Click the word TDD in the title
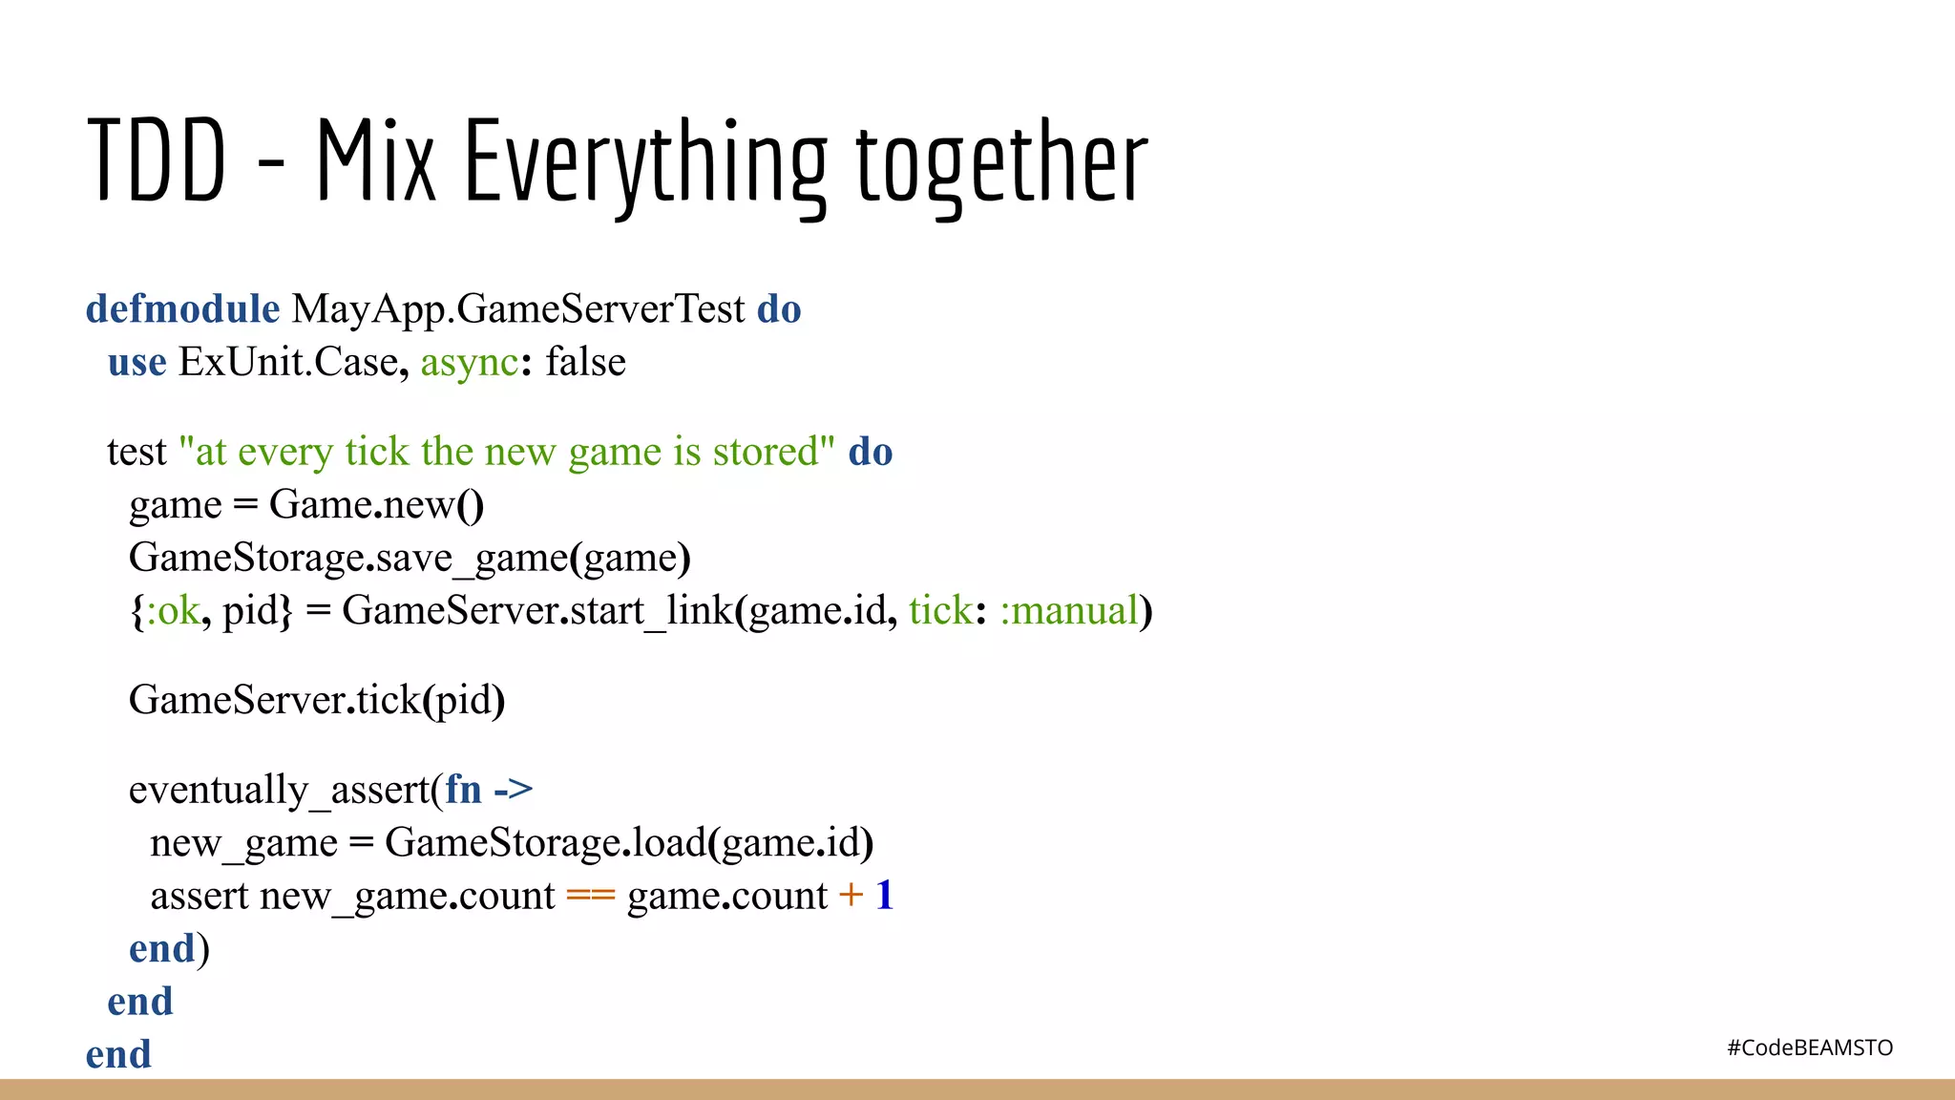click(157, 160)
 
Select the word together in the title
click(1001, 162)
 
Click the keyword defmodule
click(182, 309)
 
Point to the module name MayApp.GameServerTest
click(518, 309)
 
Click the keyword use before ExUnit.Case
click(137, 363)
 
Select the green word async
click(469, 363)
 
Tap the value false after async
click(585, 363)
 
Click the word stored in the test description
click(766, 452)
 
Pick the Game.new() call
click(376, 504)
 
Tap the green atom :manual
click(1069, 610)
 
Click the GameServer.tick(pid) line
click(316, 700)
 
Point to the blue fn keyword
click(463, 790)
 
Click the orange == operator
click(590, 896)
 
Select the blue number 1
click(884, 896)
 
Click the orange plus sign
click(851, 896)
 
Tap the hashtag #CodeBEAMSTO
click(1809, 1047)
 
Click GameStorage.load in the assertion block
click(544, 843)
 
